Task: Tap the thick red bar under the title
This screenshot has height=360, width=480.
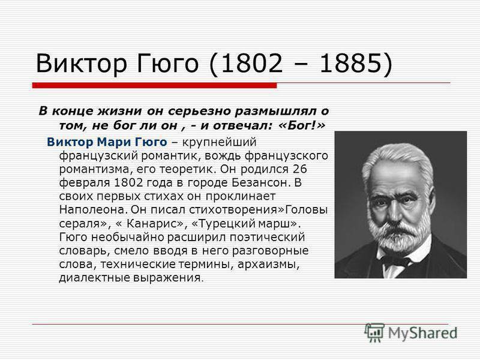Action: tap(155, 85)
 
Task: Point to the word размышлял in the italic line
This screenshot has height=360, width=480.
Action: tap(275, 111)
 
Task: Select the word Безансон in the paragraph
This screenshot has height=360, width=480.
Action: tap(260, 183)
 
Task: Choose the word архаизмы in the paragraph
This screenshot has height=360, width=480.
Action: tap(268, 264)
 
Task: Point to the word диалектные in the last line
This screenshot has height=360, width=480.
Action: tap(95, 278)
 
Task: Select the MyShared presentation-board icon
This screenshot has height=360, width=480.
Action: tap(374, 332)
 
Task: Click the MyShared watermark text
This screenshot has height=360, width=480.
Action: tap(423, 334)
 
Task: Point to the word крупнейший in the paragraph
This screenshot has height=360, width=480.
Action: tap(219, 142)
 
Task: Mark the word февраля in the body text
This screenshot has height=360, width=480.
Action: tap(85, 183)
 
